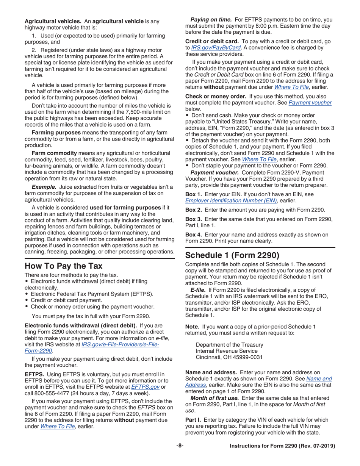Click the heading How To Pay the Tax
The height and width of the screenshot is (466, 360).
[x=63, y=266]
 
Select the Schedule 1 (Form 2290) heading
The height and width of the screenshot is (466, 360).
[x=232, y=255]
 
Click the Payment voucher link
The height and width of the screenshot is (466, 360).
[x=310, y=102]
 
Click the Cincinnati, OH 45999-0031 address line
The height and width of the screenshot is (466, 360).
[x=229, y=357]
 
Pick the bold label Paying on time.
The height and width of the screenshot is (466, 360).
[x=211, y=20]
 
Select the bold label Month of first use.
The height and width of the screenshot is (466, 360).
[x=214, y=398]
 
